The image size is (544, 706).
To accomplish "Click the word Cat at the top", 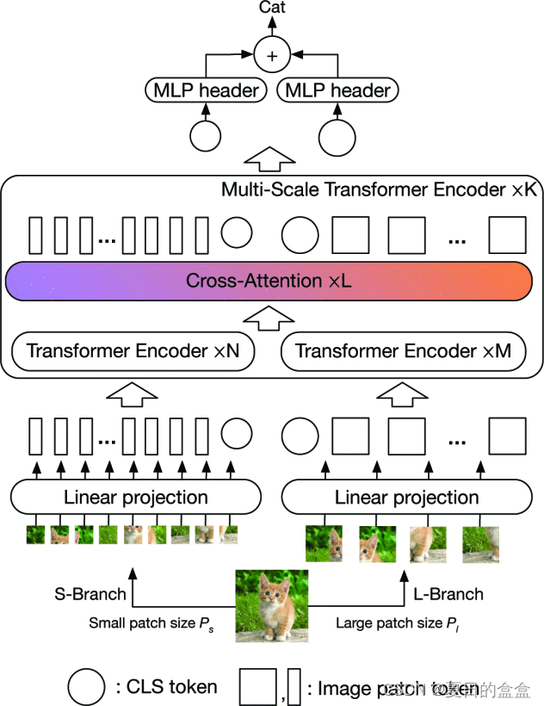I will click(272, 8).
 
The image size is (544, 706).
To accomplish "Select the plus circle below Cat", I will click(272, 57).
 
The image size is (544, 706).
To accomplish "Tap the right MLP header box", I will click(337, 90).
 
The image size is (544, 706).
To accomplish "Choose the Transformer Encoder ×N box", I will click(137, 351).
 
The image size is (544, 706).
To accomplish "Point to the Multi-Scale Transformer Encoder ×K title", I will click(379, 189).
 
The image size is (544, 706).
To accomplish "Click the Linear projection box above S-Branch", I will click(136, 497).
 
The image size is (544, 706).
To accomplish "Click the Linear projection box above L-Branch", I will click(406, 497).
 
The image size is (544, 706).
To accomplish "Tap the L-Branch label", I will click(448, 593).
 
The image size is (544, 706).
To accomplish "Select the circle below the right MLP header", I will click(337, 137).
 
